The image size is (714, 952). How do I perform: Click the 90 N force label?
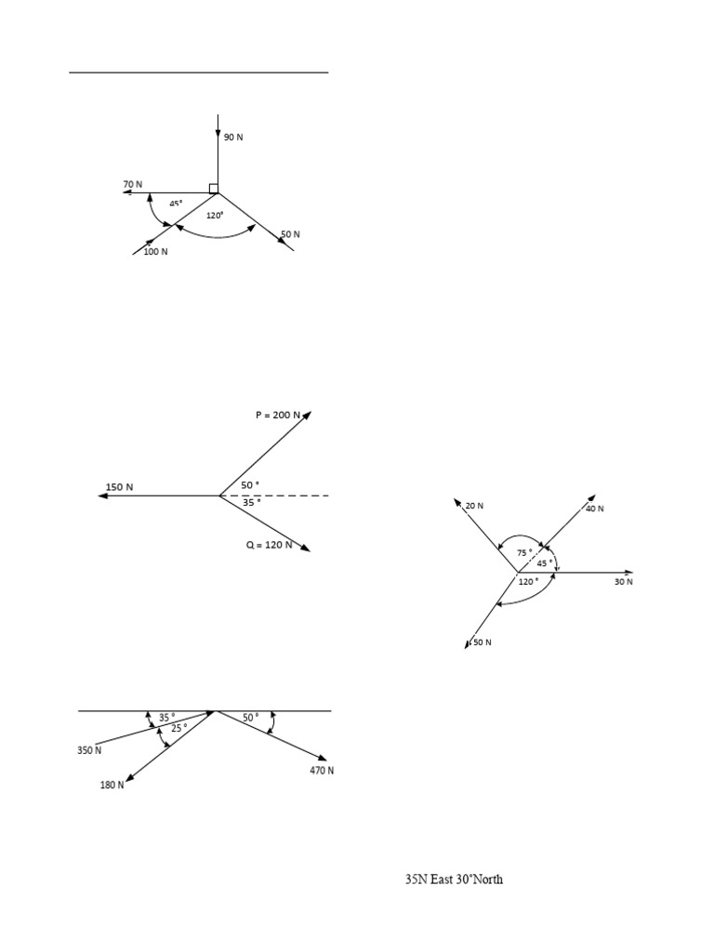tap(233, 138)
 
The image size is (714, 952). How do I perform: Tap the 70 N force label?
tap(133, 184)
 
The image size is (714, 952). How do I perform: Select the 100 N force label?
tap(155, 251)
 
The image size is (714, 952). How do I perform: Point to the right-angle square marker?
tap(214, 189)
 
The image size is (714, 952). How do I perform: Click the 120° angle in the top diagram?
tap(216, 215)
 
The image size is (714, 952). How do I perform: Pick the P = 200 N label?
tap(278, 416)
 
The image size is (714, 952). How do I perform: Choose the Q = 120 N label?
tap(270, 545)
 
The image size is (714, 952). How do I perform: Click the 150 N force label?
tap(119, 487)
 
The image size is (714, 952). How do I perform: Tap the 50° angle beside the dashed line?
tap(250, 485)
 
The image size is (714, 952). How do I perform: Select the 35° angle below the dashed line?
tap(250, 502)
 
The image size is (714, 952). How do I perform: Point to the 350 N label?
tap(89, 749)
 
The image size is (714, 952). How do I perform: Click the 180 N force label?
tap(112, 786)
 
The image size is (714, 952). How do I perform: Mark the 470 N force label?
tap(322, 771)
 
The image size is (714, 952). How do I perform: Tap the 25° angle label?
tap(178, 727)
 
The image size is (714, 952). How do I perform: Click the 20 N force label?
tap(474, 506)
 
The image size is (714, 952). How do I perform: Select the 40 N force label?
tap(594, 509)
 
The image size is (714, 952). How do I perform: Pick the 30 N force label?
tap(623, 582)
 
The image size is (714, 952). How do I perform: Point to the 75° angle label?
tap(525, 552)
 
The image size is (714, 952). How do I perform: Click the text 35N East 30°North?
tap(454, 879)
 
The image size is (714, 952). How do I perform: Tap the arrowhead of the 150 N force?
tap(102, 496)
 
